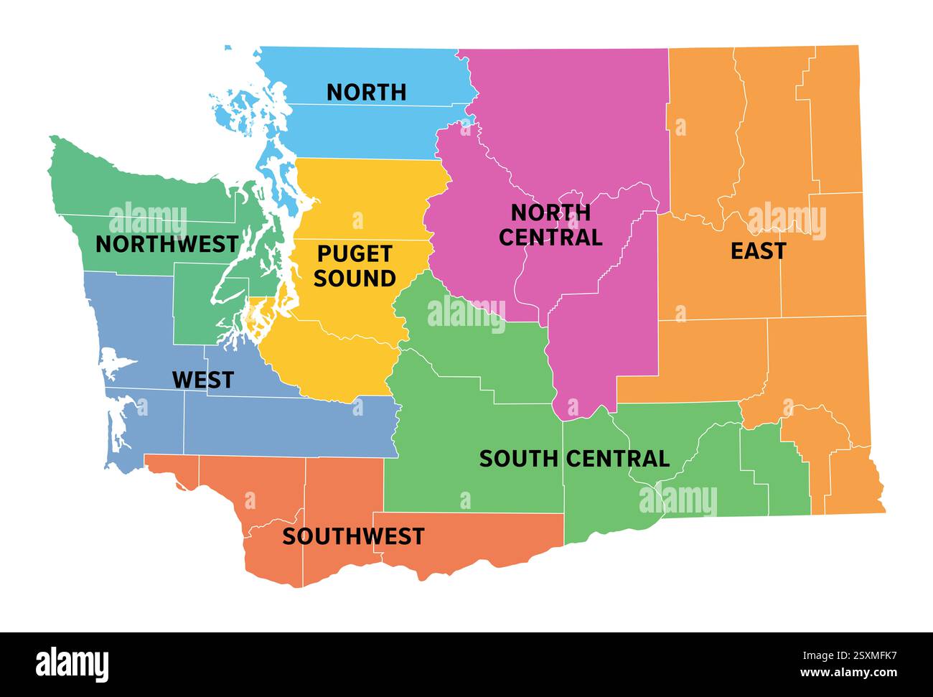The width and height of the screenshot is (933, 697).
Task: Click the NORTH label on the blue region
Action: tap(366, 92)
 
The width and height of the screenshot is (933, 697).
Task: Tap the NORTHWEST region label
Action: tap(167, 244)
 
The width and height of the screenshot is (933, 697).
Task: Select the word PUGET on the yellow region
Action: tap(355, 253)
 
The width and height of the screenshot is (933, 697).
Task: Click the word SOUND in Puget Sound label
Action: tap(355, 279)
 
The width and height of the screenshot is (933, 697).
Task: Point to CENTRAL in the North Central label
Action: tap(550, 237)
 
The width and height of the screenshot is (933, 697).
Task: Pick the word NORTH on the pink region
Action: tap(550, 212)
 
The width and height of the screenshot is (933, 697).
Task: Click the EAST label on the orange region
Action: tap(758, 251)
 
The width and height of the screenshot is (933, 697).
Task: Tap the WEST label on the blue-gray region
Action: tap(202, 380)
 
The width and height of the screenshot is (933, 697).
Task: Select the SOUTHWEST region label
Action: tap(353, 536)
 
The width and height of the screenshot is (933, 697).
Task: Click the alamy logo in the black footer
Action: tap(72, 664)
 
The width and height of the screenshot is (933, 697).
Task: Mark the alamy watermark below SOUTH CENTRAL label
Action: tap(678, 500)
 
